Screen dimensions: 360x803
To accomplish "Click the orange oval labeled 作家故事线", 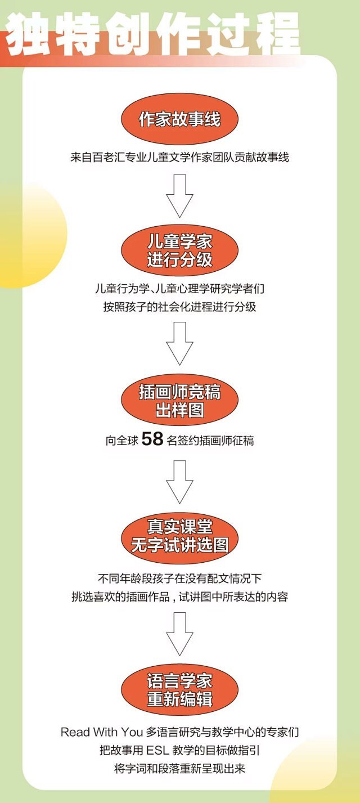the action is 180,119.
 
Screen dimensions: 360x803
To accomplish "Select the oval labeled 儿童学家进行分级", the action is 180,251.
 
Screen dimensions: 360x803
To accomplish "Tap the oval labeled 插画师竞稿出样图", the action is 180,400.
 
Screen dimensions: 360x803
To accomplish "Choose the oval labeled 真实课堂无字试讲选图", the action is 180,536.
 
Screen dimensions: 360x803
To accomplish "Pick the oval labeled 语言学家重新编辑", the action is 180,690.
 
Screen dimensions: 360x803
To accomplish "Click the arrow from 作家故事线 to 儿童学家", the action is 180,195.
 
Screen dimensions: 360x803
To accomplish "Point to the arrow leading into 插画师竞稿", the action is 180,343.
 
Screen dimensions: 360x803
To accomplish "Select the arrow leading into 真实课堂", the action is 180,481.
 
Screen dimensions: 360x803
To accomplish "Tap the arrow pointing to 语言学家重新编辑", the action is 180,634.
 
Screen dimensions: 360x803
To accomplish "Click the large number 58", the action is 152,439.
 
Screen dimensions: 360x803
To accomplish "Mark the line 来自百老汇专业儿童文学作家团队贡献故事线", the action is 180,158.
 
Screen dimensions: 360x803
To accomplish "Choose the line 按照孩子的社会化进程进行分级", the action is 180,307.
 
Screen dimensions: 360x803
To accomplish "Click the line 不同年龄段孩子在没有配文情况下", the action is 180,579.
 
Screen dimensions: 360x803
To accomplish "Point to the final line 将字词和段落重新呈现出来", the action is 180,768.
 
